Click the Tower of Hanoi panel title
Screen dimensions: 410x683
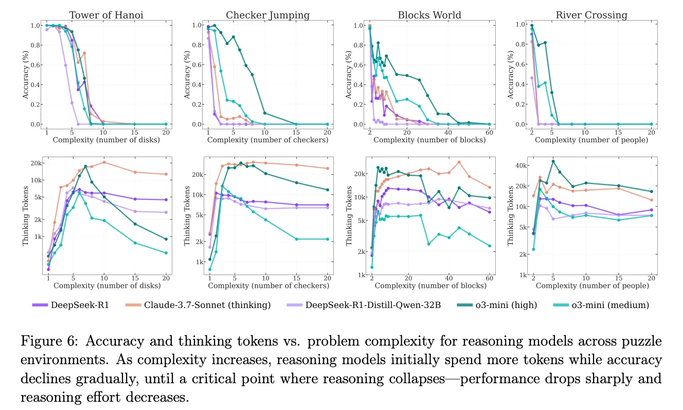click(106, 15)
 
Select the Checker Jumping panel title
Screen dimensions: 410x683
click(267, 15)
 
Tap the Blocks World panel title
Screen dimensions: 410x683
click(429, 15)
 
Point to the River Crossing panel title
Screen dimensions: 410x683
click(591, 15)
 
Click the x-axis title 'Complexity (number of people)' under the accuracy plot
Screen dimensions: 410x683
click(591, 140)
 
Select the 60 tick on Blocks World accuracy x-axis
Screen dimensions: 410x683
click(489, 132)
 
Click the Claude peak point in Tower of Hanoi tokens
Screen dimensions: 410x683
click(104, 162)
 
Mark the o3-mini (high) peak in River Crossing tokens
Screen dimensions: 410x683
click(553, 161)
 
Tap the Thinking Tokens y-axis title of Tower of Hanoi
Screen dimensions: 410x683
click(25, 216)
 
